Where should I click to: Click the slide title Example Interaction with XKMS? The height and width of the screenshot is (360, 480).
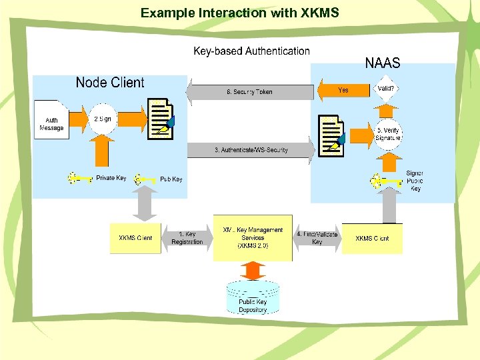point(239,13)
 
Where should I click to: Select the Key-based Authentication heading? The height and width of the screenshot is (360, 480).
point(251,51)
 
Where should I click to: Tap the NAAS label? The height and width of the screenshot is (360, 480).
point(382,63)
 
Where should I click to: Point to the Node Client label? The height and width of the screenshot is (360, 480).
point(110,83)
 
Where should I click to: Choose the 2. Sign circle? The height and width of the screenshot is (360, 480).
point(103,119)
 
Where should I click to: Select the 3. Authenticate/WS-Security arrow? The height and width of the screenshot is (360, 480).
point(251,151)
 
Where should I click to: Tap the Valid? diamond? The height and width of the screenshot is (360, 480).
point(385,89)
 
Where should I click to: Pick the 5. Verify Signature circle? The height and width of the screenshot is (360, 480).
point(387,134)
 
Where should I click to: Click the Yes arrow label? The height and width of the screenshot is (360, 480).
point(343,90)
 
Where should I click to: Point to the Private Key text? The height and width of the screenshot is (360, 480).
point(111,178)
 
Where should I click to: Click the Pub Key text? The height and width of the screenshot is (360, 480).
point(171,179)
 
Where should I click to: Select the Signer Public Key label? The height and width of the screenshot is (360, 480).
point(415,181)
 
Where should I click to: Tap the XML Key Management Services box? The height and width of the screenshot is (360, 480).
point(253,237)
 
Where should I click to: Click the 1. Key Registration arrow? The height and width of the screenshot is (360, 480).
point(187,238)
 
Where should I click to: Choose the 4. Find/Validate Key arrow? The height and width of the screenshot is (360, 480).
point(317,238)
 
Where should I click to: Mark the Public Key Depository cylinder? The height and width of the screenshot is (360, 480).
point(253,297)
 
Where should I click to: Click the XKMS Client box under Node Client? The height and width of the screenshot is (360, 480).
point(135,238)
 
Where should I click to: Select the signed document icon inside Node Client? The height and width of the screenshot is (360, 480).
point(161,119)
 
